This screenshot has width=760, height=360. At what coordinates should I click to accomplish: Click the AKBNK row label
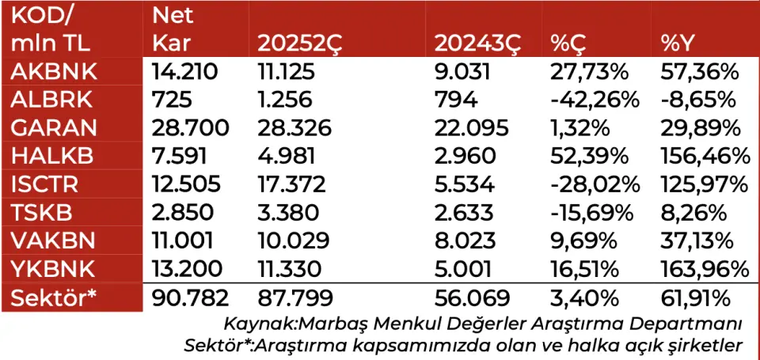click(x=54, y=72)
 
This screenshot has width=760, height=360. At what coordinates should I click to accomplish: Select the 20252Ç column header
click(x=302, y=44)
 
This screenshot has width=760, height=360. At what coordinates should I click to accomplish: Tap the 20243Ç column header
click(x=479, y=44)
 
